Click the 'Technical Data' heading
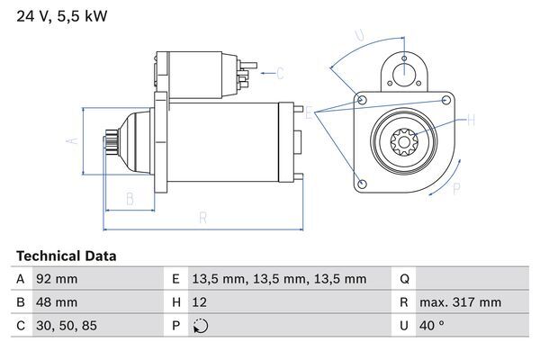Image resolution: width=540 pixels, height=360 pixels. point(67,256)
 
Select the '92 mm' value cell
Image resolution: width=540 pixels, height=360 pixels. point(56,279)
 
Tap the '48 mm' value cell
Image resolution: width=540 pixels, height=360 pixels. point(56,302)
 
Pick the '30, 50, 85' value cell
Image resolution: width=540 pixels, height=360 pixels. point(65,326)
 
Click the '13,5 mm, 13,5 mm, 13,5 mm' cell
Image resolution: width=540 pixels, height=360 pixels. point(280,279)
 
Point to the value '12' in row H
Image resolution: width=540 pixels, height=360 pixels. point(201,302)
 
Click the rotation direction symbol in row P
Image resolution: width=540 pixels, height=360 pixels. point(201,326)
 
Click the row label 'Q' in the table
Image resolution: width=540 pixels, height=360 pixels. point(404,279)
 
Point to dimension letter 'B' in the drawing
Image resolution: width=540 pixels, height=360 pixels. point(130,198)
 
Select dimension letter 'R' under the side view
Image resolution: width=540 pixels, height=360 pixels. point(203,217)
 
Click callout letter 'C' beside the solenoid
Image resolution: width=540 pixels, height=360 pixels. point(280,73)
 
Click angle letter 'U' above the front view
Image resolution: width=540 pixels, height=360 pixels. point(359,36)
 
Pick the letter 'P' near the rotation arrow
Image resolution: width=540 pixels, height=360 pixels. point(456,188)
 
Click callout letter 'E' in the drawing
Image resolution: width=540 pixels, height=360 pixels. point(310,113)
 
